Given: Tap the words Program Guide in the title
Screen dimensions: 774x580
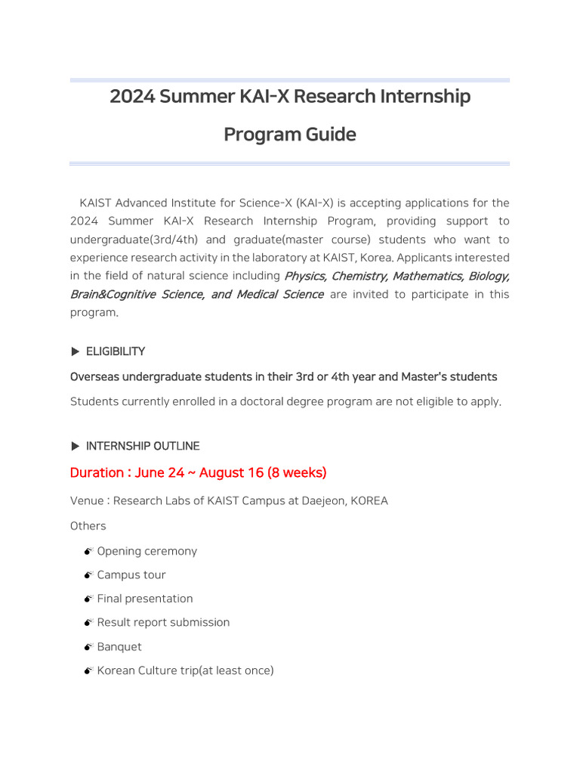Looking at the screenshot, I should pos(289,135).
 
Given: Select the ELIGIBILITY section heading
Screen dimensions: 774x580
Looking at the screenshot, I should pos(116,351).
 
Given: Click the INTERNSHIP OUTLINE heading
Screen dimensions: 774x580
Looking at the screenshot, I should pos(143,446).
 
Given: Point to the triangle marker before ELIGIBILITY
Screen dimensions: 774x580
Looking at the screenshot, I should pos(75,351).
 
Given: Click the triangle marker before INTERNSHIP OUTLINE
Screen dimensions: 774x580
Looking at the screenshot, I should pos(75,446).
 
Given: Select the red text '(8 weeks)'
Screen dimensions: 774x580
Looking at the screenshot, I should pos(297,473).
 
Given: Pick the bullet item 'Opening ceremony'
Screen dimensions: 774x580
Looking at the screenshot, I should pos(147,551).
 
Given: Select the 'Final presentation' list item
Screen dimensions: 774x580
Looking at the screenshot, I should pos(145,599).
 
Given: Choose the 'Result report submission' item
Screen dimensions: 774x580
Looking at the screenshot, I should pos(163,623).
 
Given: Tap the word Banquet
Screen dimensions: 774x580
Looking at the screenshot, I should pos(119,647).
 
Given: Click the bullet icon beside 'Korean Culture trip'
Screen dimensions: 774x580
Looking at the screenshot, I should pos(88,670).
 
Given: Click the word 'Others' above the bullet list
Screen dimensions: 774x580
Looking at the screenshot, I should pos(88,526).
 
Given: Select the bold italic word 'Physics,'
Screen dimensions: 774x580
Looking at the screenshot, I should pos(305,276).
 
